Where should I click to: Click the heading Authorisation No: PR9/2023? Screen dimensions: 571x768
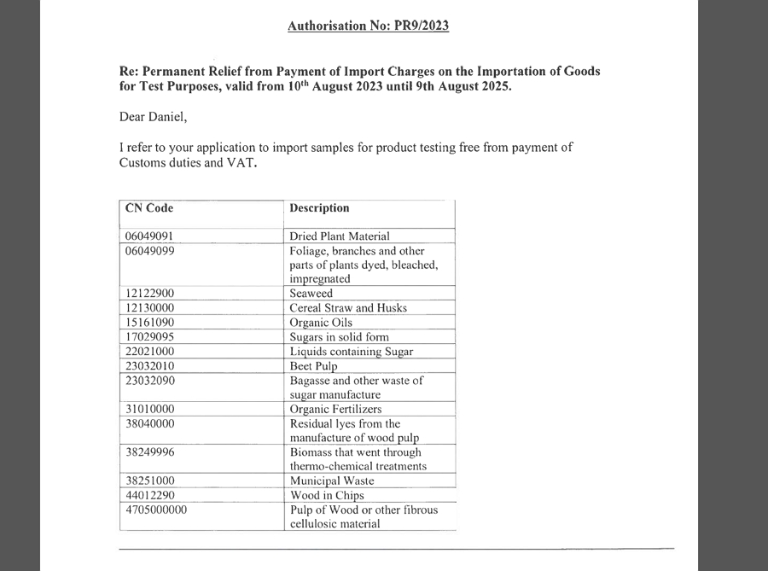coord(368,26)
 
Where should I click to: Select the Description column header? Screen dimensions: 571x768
coord(319,207)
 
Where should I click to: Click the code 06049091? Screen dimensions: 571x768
coord(150,236)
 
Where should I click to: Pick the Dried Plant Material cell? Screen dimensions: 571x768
coord(339,236)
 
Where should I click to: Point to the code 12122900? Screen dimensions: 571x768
coord(150,294)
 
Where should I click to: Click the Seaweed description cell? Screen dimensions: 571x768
coord(313,294)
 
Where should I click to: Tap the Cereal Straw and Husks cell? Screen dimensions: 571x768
coord(348,308)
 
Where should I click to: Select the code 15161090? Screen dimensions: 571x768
coord(150,323)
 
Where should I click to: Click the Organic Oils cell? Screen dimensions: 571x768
coord(321,323)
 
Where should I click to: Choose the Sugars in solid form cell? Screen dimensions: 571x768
coord(339,337)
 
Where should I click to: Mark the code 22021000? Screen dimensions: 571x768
coord(150,352)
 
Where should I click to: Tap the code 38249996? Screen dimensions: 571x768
coord(150,452)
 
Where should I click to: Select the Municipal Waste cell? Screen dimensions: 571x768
coord(331,481)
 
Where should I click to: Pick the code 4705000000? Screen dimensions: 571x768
coord(156,510)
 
